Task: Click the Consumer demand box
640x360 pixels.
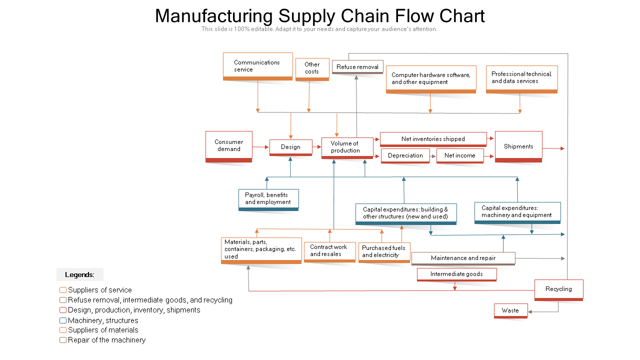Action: tap(229, 146)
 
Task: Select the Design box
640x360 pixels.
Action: tap(291, 147)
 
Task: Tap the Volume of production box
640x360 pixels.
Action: tap(347, 148)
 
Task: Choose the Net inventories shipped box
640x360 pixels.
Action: tap(433, 139)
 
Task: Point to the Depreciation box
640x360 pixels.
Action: tap(405, 155)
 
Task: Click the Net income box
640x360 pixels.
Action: tap(460, 155)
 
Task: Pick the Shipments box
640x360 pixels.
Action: tap(518, 146)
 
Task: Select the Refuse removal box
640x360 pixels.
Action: tap(357, 67)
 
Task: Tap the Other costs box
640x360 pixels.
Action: tap(312, 69)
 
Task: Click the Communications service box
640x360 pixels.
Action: tap(257, 66)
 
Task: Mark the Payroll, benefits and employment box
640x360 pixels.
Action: tap(268, 199)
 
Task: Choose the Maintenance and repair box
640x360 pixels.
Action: tap(463, 258)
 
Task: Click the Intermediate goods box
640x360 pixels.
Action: tap(456, 274)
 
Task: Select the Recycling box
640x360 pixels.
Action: tap(558, 290)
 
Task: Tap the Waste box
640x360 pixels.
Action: tap(510, 310)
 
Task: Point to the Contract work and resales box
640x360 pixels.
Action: tap(329, 251)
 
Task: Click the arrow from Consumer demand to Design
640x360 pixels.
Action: tap(260, 147)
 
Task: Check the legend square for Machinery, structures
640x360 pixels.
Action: tap(63, 320)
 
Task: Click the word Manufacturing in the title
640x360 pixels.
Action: tap(213, 16)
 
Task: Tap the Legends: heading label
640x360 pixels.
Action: tap(79, 274)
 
